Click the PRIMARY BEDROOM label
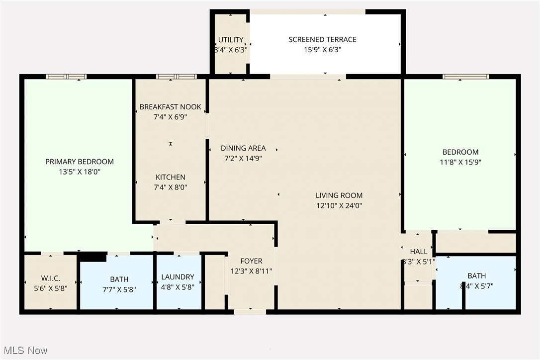80,162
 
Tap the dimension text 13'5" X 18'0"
80,172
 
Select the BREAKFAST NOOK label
171,107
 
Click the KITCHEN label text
171,177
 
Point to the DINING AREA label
243,148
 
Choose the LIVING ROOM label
339,195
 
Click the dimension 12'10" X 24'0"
339,205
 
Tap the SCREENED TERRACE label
323,40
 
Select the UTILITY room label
231,40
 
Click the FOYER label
251,261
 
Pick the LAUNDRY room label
178,277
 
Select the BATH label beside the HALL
476,276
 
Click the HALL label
419,252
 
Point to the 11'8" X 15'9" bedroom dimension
460,162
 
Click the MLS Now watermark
24,351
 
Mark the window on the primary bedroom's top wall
66,77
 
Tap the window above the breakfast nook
177,77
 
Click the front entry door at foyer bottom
250,312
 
